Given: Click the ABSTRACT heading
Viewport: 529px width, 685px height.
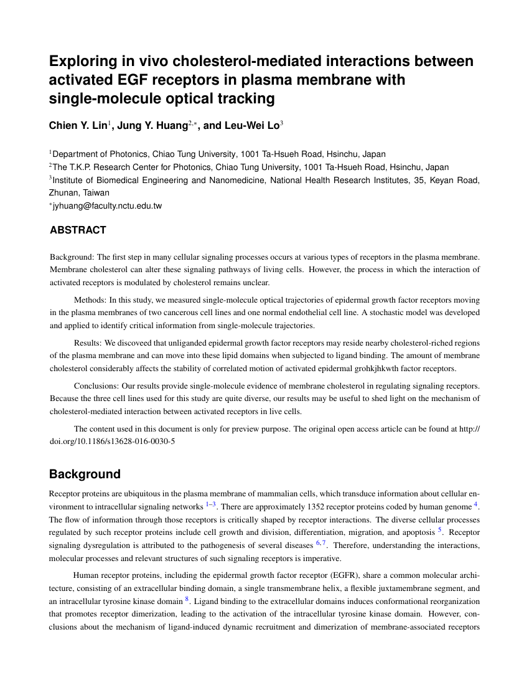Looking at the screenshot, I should (78, 230).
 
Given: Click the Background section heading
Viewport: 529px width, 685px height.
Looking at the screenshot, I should (85, 474).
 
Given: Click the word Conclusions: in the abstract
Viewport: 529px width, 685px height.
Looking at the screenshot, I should (96, 385).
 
